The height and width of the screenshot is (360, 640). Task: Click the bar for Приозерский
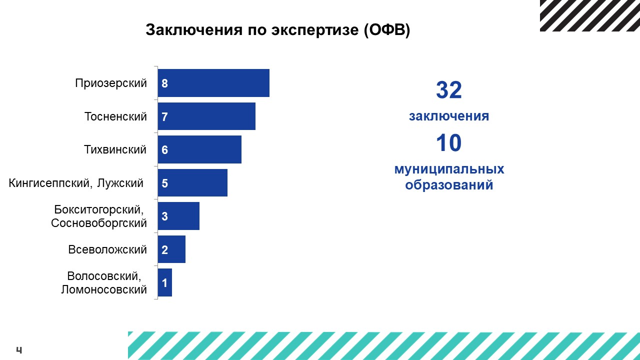[213, 83]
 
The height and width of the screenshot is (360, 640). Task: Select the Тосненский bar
[206, 116]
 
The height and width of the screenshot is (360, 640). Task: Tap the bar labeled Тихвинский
[199, 149]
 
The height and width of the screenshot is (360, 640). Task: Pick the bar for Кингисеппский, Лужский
[192, 183]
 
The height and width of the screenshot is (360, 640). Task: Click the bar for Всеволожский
[171, 249]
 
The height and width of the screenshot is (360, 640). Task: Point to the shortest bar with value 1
[165, 282]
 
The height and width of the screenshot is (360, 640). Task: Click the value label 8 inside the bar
[164, 83]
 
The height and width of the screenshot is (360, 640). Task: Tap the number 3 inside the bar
[164, 216]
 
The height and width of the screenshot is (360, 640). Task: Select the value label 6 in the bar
[164, 150]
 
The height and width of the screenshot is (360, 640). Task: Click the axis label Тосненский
[115, 116]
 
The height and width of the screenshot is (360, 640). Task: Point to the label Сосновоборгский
[99, 223]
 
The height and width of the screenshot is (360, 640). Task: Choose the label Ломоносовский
[103, 289]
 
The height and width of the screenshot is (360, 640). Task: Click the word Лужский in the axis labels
[120, 183]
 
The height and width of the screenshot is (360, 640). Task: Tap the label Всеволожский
[107, 249]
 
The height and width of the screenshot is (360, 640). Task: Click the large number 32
[449, 90]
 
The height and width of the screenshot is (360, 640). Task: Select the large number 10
[449, 142]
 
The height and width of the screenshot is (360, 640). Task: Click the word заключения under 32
[449, 116]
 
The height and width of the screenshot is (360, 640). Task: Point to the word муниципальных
[449, 169]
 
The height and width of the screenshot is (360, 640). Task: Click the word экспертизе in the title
[315, 29]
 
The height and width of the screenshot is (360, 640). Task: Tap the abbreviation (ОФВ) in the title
[387, 29]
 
